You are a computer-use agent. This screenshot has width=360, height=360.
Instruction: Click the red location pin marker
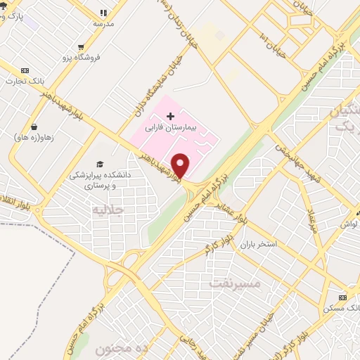click(x=181, y=165)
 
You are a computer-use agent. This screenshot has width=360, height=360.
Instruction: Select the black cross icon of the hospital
click(x=170, y=115)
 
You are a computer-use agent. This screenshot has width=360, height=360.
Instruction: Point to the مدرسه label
click(x=103, y=23)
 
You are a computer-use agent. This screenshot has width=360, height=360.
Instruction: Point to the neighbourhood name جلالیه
click(x=108, y=210)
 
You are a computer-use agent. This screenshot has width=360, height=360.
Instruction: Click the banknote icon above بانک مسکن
click(x=342, y=297)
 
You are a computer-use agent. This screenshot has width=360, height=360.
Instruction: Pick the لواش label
click(x=350, y=224)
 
